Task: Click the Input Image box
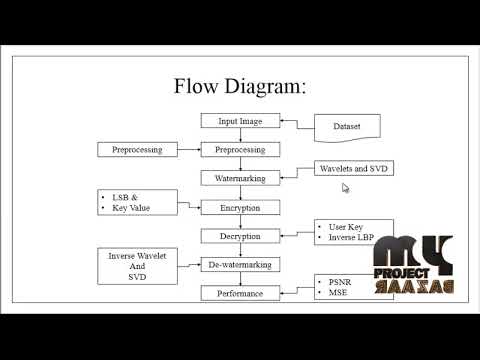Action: (x=240, y=121)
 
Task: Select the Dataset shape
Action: (x=349, y=126)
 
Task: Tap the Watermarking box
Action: (x=240, y=178)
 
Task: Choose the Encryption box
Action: (x=240, y=207)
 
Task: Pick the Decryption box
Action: (x=240, y=236)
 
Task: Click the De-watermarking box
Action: (x=240, y=264)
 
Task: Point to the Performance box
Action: (x=240, y=293)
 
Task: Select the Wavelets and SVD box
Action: (x=353, y=168)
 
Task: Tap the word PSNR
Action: (x=341, y=283)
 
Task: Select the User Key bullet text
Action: (x=345, y=226)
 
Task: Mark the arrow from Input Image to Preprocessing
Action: (x=240, y=135)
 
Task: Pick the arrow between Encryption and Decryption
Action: (x=240, y=221)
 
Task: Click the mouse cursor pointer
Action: (x=345, y=187)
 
